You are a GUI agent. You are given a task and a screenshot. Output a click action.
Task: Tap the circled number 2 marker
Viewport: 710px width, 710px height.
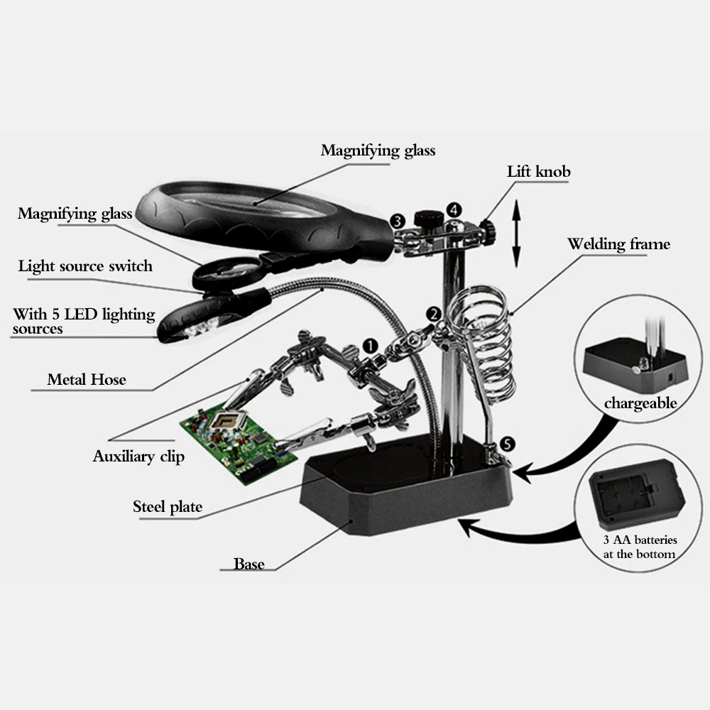click(433, 314)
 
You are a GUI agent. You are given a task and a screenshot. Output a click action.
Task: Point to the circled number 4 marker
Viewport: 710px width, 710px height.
click(454, 210)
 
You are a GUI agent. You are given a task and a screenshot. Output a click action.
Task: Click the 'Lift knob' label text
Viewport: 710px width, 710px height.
click(538, 172)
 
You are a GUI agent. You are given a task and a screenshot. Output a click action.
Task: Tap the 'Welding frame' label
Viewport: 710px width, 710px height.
click(618, 244)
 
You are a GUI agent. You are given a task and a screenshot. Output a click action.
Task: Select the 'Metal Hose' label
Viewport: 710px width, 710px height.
click(87, 379)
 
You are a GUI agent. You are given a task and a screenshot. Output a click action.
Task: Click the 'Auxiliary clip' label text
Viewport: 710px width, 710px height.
click(138, 457)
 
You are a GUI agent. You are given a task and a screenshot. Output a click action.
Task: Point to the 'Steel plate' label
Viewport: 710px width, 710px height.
click(168, 506)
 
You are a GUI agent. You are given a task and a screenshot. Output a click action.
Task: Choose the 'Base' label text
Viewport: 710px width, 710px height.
click(249, 564)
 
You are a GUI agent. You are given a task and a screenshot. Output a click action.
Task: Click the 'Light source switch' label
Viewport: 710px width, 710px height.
click(85, 266)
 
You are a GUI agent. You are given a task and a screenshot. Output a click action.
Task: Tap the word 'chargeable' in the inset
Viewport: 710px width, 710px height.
click(640, 403)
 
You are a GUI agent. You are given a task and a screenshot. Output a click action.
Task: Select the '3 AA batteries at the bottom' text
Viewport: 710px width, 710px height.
click(639, 547)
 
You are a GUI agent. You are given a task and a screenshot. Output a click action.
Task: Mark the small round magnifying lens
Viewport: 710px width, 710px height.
click(226, 272)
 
